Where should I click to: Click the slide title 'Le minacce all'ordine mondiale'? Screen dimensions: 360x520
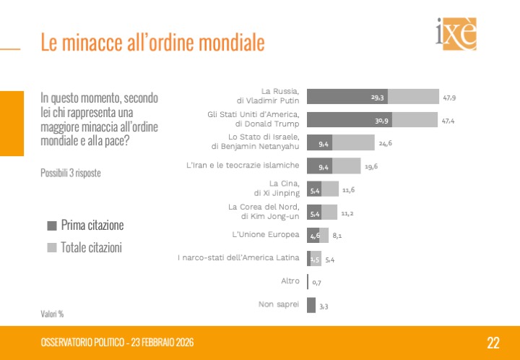[x=152, y=42]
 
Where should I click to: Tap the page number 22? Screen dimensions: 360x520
[x=493, y=343]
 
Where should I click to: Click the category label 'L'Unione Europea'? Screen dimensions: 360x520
[x=265, y=235]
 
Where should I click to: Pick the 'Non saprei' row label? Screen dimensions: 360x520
[x=279, y=304]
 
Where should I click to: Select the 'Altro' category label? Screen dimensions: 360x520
[x=290, y=281]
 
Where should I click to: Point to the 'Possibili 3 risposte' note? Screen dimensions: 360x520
[x=71, y=173]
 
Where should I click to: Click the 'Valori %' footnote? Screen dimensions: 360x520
[x=52, y=314]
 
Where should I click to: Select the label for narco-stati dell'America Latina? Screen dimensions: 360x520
[x=238, y=258]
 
